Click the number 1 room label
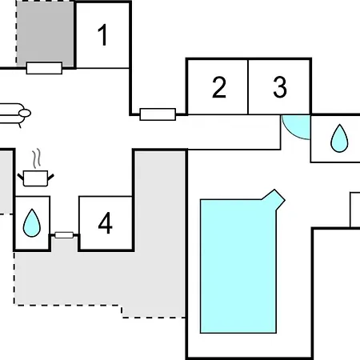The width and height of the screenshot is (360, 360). (102, 35)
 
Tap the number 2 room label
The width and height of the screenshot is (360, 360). (219, 87)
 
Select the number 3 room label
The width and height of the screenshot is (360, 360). (280, 87)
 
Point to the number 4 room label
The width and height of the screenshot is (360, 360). (106, 223)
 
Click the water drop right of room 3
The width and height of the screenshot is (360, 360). (339, 138)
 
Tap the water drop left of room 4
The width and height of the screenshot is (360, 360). (32, 223)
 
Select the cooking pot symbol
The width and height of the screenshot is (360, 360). (35, 178)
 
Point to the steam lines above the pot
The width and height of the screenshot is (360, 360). (37, 158)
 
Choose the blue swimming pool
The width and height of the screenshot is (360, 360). (238, 266)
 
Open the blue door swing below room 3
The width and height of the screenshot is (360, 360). (296, 127)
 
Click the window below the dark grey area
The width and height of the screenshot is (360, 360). (44, 68)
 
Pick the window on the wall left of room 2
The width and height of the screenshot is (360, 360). (158, 114)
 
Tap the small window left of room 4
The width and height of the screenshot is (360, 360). (64, 235)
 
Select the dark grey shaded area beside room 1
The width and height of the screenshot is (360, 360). (45, 34)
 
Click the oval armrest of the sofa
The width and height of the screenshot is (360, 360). (25, 114)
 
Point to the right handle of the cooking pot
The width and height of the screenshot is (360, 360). (50, 178)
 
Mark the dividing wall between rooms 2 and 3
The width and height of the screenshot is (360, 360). (248, 87)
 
